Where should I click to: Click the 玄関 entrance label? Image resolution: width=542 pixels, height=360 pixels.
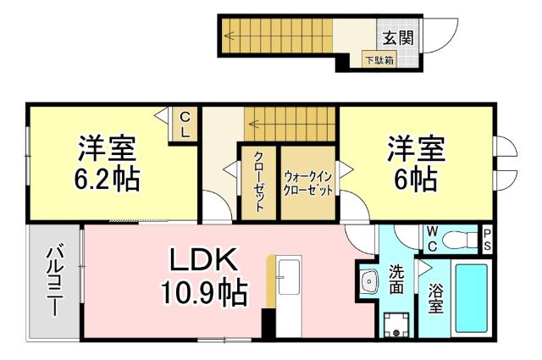pos(396,37)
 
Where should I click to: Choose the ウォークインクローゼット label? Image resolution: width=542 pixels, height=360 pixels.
pos(309,183)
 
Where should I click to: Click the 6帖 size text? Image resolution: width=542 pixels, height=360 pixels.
pos(415,179)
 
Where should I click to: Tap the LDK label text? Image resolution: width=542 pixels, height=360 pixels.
pos(205,259)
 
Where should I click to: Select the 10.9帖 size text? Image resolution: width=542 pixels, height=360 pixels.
pos(205,292)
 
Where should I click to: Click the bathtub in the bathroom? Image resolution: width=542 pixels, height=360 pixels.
pos(471,297)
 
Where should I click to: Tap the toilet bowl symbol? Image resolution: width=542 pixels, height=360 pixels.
pos(461,238)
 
